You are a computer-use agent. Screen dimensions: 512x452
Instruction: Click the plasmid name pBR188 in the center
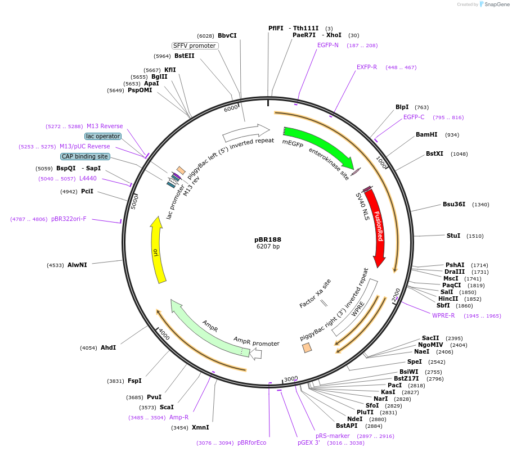coord(268,239)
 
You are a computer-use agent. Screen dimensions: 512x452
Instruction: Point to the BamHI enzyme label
coord(426,134)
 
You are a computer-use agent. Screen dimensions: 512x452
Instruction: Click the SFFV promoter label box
coord(195,46)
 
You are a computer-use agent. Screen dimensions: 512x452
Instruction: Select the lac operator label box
coord(103,136)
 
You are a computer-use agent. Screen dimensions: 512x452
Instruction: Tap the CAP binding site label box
coord(85,156)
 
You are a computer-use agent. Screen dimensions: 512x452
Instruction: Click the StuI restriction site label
coord(453,236)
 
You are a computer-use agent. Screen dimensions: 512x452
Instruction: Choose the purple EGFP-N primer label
coord(328,45)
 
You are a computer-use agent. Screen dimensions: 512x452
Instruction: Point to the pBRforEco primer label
coord(251,442)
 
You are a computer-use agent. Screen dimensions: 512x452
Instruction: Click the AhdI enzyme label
coord(109,347)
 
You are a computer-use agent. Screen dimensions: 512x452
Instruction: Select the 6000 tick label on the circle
coord(231,109)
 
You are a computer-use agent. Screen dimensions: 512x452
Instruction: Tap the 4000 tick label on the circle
coord(164,334)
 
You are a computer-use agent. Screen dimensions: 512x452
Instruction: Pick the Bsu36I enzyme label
coord(454,204)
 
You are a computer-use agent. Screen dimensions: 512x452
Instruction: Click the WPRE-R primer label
coord(443,315)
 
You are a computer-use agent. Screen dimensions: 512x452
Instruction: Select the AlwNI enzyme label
coord(78,265)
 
